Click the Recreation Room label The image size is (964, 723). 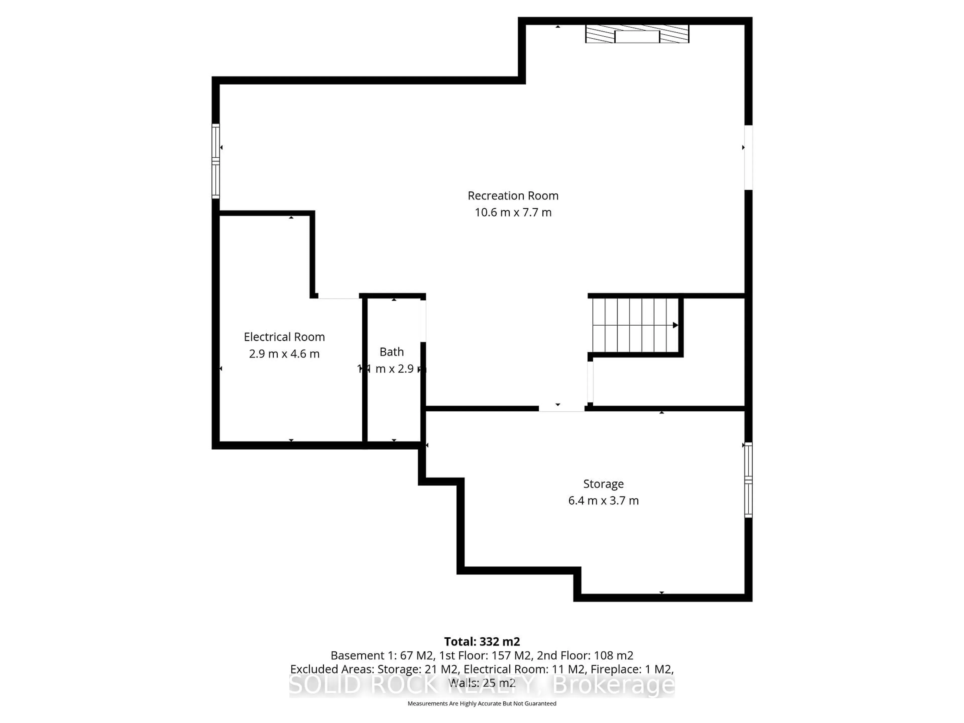coord(513,196)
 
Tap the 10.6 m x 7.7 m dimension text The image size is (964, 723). coord(513,213)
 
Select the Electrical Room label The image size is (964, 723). coord(284,337)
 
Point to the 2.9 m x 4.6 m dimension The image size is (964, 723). coord(284,354)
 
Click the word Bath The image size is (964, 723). coord(391,352)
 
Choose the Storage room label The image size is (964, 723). coord(603,484)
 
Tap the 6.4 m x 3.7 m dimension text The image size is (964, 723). coord(603,501)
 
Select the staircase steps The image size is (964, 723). coord(634,325)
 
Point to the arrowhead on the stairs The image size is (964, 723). coord(675,325)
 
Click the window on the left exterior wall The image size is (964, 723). coord(216,161)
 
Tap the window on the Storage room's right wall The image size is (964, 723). coord(748,480)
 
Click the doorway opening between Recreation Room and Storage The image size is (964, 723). coord(561,408)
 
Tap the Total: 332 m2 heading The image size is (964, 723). coord(481,641)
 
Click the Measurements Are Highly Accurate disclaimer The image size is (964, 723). coord(481,703)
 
